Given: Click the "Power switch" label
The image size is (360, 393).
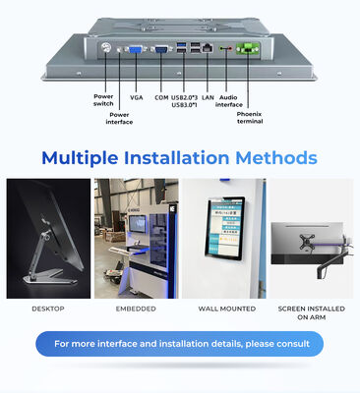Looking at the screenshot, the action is coord(103,99).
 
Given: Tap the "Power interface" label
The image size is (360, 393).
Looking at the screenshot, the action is coord(119,118).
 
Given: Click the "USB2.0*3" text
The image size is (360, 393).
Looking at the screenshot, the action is coord(184,98).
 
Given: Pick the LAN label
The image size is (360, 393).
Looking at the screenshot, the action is coord(208,98).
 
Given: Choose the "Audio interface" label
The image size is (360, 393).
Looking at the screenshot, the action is coord(228,102).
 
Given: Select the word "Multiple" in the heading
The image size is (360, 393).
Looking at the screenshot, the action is coord(86,158).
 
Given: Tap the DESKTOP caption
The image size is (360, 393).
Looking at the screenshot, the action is coord(47,309).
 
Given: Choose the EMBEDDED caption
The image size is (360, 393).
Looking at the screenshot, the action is coord(136,309).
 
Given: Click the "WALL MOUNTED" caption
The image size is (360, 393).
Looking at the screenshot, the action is coord(225,309).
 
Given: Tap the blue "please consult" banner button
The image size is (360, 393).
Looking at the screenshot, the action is coord(181,344).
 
